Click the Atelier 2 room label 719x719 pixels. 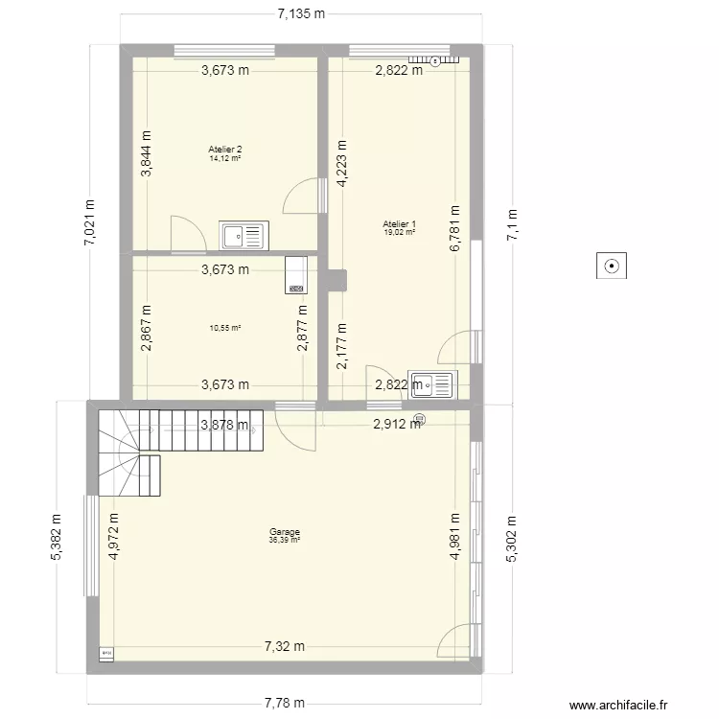pos(225,149)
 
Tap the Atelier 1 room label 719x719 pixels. pos(399,224)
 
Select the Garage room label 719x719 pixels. pos(285,532)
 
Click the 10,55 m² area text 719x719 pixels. pos(225,327)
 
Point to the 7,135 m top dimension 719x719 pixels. pos(301,13)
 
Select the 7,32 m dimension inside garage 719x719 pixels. pos(285,646)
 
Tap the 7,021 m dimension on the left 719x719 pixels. pos(90,222)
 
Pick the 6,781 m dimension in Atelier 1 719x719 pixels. pos(455,230)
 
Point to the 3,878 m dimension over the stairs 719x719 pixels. pos(224,425)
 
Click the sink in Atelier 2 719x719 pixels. pos(245,234)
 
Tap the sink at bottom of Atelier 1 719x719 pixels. pos(430,384)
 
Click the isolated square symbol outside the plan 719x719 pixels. pos(611,266)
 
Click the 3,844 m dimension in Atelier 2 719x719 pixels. pos(146,153)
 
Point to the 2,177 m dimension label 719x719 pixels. pos(341,347)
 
